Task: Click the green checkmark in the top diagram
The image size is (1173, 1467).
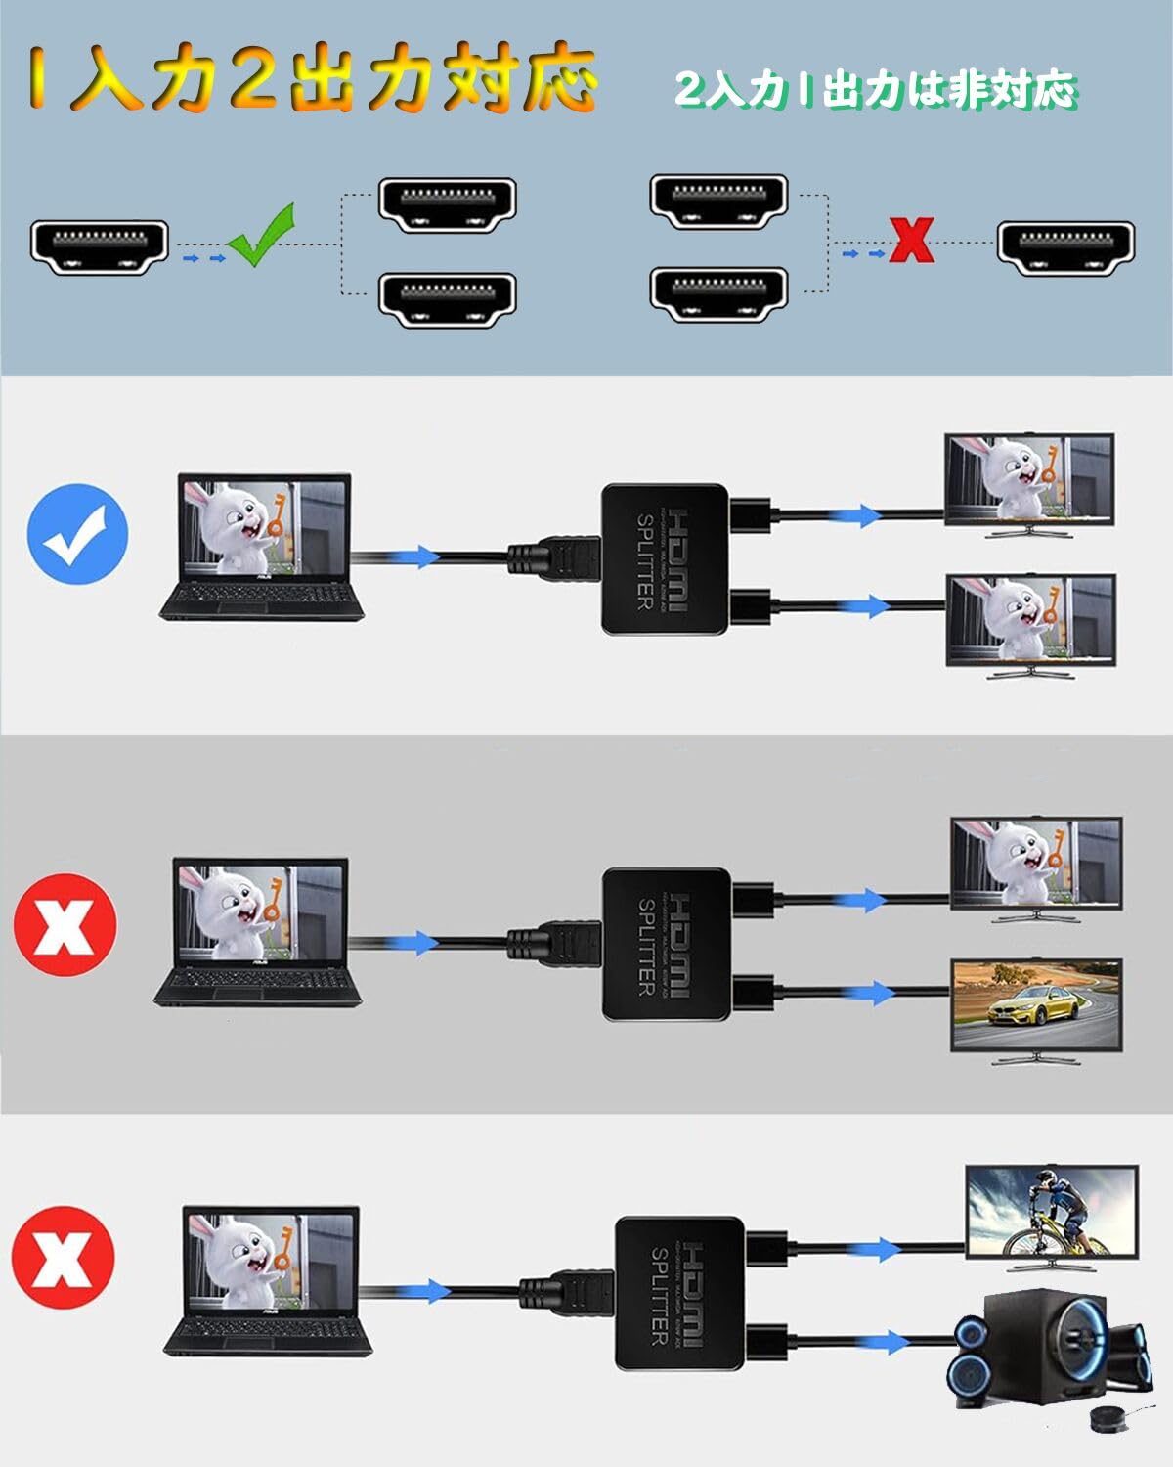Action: coord(260,236)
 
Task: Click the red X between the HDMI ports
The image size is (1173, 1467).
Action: coord(912,241)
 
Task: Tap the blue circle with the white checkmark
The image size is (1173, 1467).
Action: coord(78,534)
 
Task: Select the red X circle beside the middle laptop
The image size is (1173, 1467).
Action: coord(65,924)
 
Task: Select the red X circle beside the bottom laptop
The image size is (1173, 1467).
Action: coord(64,1257)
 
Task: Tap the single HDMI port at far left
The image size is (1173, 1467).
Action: coord(99,246)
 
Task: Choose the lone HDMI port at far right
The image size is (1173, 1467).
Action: coord(1065,248)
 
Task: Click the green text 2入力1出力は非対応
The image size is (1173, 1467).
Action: coord(875,91)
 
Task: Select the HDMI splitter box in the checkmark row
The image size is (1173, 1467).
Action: coord(665,560)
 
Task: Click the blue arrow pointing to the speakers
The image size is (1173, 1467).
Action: coord(886,1342)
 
